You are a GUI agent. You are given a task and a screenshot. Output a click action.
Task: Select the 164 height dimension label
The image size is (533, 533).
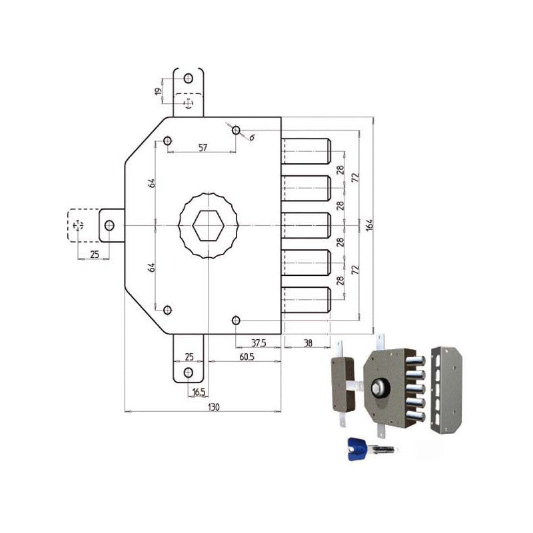click(x=369, y=226)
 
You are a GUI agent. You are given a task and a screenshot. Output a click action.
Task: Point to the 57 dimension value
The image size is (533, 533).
click(x=203, y=148)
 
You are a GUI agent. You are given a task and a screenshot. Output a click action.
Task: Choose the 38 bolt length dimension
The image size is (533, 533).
click(x=307, y=342)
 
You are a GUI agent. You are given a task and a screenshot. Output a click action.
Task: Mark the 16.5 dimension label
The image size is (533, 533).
click(x=198, y=392)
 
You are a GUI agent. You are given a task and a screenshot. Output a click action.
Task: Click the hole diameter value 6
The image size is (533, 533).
click(x=252, y=138)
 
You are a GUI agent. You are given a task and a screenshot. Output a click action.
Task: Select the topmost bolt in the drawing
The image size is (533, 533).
click(x=306, y=151)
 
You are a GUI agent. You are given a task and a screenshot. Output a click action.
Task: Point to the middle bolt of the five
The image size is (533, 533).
click(x=306, y=225)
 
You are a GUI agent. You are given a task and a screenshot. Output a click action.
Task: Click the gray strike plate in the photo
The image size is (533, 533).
click(x=444, y=390)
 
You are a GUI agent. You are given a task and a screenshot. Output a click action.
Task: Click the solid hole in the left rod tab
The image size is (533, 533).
click(x=109, y=225)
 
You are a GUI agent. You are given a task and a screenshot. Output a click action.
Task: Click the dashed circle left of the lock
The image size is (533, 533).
click(x=78, y=225)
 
